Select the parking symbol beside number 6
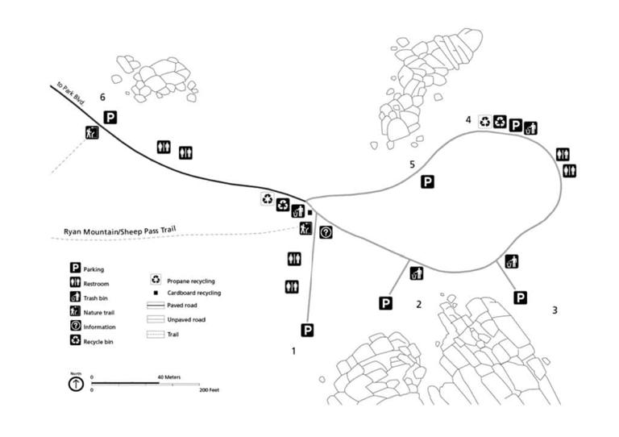click(110, 118)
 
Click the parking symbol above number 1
click(307, 330)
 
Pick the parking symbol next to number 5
click(428, 182)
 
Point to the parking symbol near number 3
click(521, 298)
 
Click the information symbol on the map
click(326, 233)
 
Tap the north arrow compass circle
click(76, 384)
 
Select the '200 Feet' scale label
click(209, 389)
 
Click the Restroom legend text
click(97, 284)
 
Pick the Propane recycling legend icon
click(156, 280)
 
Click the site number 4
click(468, 120)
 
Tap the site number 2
click(418, 304)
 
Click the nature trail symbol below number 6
click(91, 133)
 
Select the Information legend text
click(100, 327)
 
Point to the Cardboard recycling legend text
click(193, 293)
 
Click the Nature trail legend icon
click(75, 311)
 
